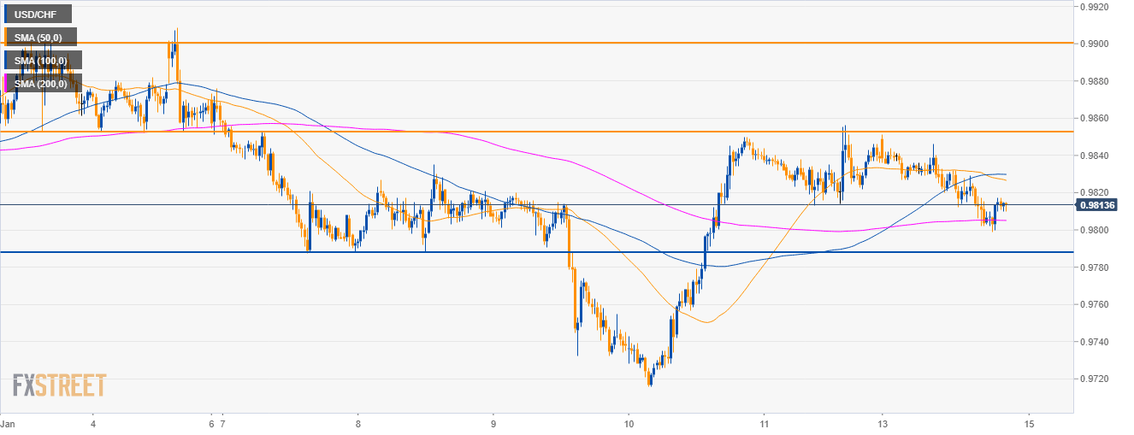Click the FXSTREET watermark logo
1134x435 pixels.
tap(59, 385)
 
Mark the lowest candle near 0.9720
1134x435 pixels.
tap(650, 382)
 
